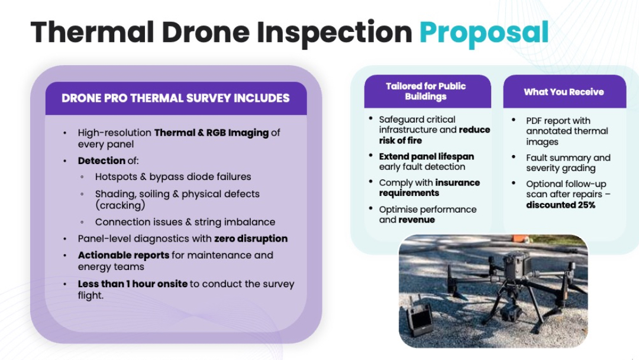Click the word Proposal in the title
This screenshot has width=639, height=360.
484,33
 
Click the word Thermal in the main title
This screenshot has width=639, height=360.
92,32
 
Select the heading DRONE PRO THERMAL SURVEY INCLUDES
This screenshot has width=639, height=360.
176,98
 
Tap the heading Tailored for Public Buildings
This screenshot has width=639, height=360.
426,91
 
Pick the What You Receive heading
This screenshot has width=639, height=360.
564,92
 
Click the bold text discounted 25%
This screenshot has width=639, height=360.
560,205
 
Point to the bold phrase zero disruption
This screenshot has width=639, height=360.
251,239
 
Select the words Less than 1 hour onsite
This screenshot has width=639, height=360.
133,284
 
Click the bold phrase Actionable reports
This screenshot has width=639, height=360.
124,256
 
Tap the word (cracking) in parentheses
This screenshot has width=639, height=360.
120,205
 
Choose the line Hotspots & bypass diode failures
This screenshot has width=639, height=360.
173,177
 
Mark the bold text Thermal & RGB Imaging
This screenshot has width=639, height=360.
211,133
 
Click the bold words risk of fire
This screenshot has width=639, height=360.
400,141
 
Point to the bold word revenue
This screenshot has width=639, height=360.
417,220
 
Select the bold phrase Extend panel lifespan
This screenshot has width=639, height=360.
426,156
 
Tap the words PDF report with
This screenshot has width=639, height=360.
558,121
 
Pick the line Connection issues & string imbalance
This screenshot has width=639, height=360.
185,222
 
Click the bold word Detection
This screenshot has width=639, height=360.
102,160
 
